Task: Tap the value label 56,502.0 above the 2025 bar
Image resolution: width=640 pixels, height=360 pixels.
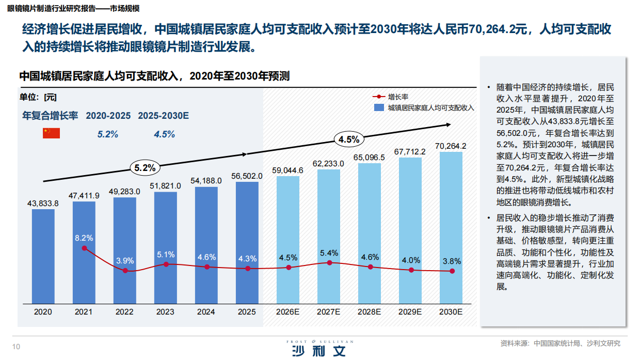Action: click(x=247, y=176)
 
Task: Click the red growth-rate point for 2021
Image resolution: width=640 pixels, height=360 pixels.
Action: click(x=84, y=248)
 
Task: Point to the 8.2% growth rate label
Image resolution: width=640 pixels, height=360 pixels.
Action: click(x=84, y=238)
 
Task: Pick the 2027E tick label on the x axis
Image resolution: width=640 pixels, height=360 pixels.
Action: click(x=328, y=312)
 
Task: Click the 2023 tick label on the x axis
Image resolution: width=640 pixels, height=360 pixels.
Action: click(x=165, y=312)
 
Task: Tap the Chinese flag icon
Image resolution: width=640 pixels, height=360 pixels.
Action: click(x=51, y=133)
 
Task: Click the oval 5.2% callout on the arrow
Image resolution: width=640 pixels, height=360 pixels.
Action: click(x=145, y=168)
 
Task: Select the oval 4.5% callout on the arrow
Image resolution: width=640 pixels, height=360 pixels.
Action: click(x=349, y=139)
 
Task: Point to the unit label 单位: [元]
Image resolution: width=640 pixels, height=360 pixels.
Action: click(x=38, y=97)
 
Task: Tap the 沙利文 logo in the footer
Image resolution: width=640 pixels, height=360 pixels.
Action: click(x=317, y=350)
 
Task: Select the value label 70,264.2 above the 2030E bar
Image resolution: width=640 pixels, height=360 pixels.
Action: click(x=451, y=146)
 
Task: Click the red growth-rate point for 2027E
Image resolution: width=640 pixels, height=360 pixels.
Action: click(x=329, y=263)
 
